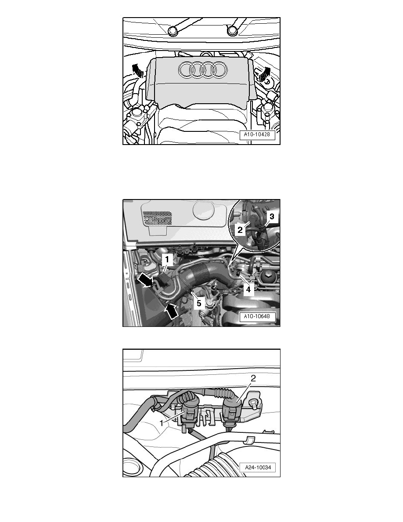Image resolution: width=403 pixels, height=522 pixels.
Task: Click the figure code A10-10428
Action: [x=257, y=134]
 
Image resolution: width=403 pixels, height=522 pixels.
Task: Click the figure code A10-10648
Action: [x=257, y=316]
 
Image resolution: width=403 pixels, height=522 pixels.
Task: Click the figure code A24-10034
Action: [x=258, y=468]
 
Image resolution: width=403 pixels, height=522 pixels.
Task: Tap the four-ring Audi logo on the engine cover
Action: [x=202, y=70]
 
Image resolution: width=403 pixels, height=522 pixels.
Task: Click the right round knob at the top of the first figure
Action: [x=232, y=31]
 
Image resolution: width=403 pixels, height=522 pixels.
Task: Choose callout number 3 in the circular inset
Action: [x=272, y=217]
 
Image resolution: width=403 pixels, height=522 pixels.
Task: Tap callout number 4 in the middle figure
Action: [x=248, y=289]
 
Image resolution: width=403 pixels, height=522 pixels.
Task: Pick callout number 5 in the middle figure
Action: [x=199, y=304]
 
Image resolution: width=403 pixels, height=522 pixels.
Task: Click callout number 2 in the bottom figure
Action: [x=253, y=378]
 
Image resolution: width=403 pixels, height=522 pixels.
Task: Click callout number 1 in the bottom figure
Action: [x=162, y=423]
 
